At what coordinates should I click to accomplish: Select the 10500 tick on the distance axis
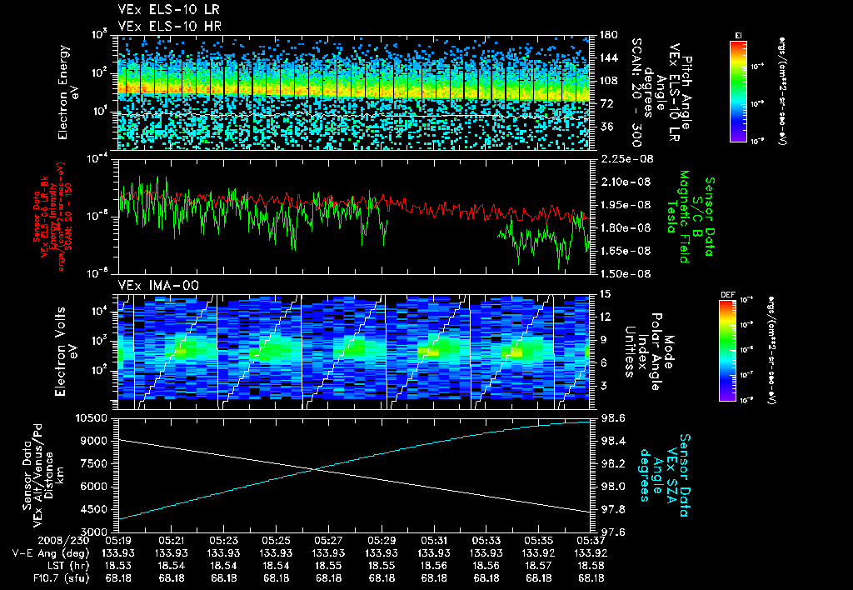pyautogui.click(x=94, y=417)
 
